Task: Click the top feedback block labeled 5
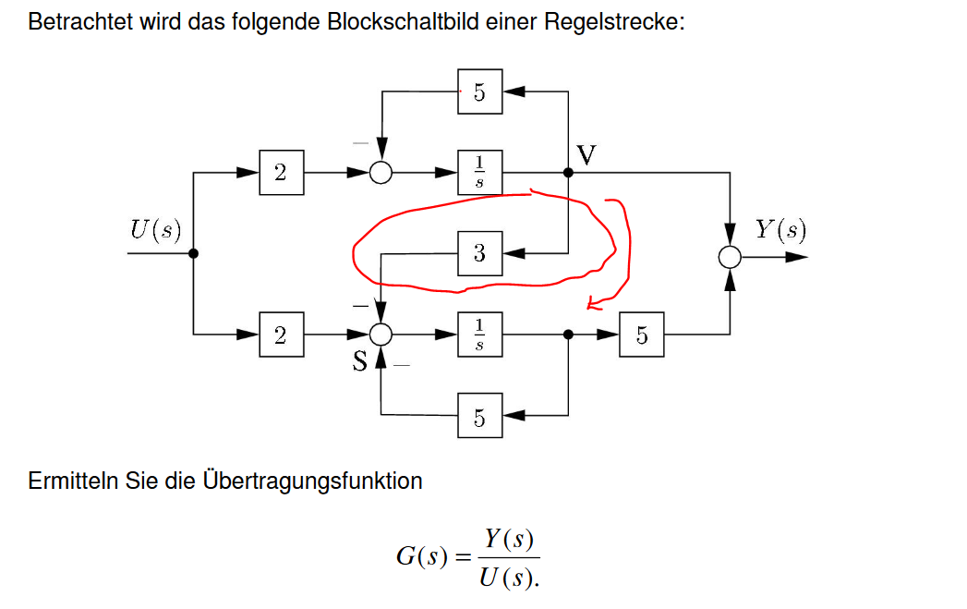click(479, 91)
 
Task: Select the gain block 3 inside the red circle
click(479, 253)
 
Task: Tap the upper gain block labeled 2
click(281, 173)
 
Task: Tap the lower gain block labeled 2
click(281, 335)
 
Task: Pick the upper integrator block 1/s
click(479, 173)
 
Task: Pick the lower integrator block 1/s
click(479, 335)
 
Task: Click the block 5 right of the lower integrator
click(642, 335)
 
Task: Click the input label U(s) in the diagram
click(155, 229)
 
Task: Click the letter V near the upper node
click(586, 153)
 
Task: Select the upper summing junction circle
click(381, 173)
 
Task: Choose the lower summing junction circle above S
click(381, 335)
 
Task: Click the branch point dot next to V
click(568, 173)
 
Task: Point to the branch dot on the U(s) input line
click(193, 253)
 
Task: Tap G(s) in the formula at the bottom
click(421, 557)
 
